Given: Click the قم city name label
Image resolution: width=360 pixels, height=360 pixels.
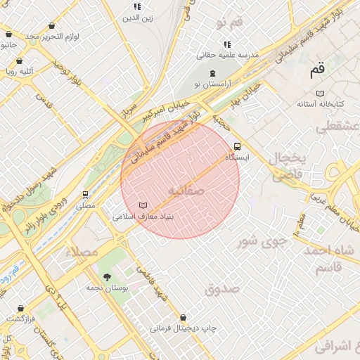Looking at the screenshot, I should (x=319, y=70).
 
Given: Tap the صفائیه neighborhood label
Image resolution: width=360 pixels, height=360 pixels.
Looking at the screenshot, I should (x=186, y=191).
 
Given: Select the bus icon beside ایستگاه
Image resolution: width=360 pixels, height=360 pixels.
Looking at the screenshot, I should (x=237, y=147).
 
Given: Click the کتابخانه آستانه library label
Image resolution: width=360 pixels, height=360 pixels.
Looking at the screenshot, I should (x=320, y=104).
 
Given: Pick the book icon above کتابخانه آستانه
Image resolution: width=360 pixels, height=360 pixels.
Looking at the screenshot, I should (x=321, y=93).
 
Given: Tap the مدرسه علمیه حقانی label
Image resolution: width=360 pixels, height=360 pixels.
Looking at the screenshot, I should (x=227, y=54).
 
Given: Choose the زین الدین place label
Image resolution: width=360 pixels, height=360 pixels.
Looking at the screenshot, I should (x=138, y=18).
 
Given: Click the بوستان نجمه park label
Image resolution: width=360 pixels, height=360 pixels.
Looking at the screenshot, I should (x=106, y=288).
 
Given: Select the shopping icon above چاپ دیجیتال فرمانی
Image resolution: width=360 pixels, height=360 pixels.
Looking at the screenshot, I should (x=184, y=317).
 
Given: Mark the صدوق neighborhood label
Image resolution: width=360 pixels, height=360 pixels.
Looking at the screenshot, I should (x=223, y=288).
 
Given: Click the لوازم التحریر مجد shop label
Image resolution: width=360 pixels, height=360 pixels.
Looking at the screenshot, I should (x=52, y=35).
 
